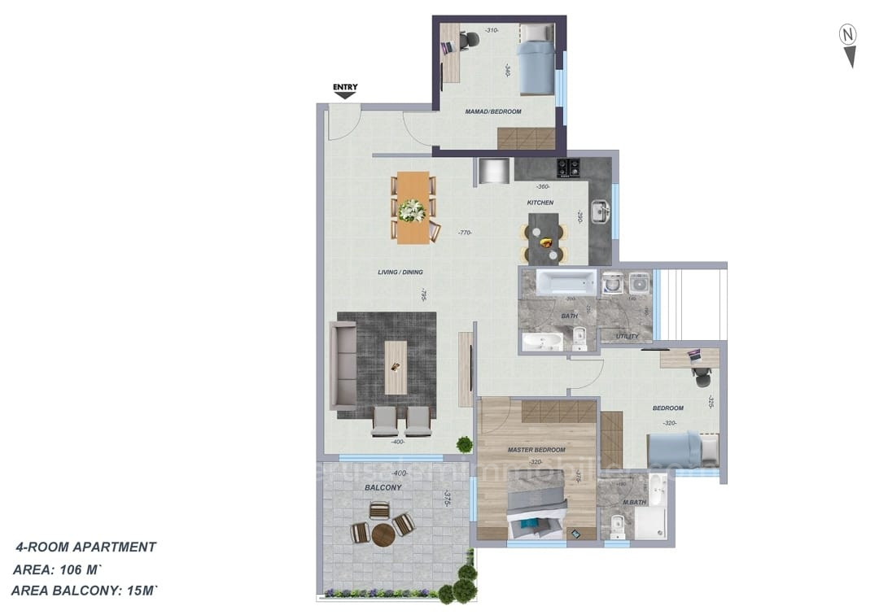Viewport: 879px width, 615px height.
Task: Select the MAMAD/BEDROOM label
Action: (493, 111)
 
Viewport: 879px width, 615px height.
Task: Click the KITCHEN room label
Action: (540, 203)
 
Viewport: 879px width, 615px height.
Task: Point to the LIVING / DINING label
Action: (400, 272)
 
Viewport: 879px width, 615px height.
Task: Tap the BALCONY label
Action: (383, 487)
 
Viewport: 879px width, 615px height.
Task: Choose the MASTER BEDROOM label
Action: (536, 449)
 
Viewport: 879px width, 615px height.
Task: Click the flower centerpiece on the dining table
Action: (413, 210)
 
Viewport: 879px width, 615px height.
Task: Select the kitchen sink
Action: (600, 212)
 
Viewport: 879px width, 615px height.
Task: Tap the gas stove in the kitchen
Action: (568, 168)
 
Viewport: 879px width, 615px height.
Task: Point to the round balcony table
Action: (383, 534)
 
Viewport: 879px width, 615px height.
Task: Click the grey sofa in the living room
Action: (343, 365)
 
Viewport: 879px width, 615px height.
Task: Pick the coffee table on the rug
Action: (396, 367)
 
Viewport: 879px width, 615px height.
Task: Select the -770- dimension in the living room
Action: (465, 233)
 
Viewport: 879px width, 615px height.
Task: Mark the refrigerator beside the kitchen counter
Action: (493, 172)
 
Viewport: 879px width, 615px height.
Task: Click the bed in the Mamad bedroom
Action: (536, 59)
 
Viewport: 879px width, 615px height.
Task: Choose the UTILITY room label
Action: (627, 336)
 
